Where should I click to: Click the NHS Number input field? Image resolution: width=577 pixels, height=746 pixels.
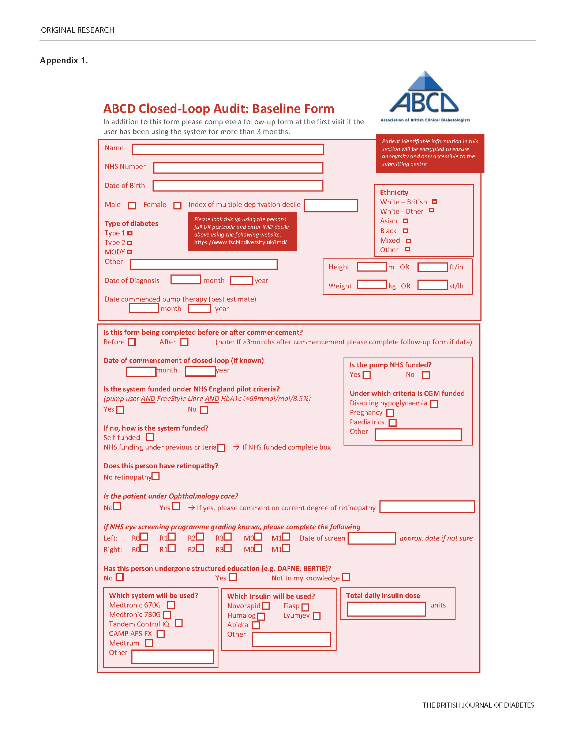[238, 168]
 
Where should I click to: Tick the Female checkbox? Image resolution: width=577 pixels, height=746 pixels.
[177, 206]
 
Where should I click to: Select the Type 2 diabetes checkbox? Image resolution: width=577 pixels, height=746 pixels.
[130, 243]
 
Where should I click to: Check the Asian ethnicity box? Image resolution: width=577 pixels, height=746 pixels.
[405, 221]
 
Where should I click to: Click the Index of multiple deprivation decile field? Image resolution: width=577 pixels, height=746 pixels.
[331, 206]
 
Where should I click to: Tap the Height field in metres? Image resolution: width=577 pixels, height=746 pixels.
[371, 267]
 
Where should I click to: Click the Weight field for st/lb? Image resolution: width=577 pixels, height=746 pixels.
[432, 285]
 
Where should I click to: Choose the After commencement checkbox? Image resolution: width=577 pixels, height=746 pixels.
[184, 342]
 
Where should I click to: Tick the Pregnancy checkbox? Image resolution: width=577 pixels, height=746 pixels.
[390, 413]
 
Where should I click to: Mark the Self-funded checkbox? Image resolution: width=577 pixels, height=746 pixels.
[150, 437]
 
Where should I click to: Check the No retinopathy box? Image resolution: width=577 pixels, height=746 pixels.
[156, 476]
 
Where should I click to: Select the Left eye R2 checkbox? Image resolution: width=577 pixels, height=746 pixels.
[200, 537]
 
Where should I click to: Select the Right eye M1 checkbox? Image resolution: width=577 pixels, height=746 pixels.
[286, 548]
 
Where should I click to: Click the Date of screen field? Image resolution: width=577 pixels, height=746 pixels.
[371, 538]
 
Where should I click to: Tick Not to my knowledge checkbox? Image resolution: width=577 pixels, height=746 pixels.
[346, 577]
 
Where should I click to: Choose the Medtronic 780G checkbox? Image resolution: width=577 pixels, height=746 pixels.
[167, 615]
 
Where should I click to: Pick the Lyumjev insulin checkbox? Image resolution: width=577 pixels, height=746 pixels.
[317, 616]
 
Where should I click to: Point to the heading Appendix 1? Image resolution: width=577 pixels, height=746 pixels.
[64, 60]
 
